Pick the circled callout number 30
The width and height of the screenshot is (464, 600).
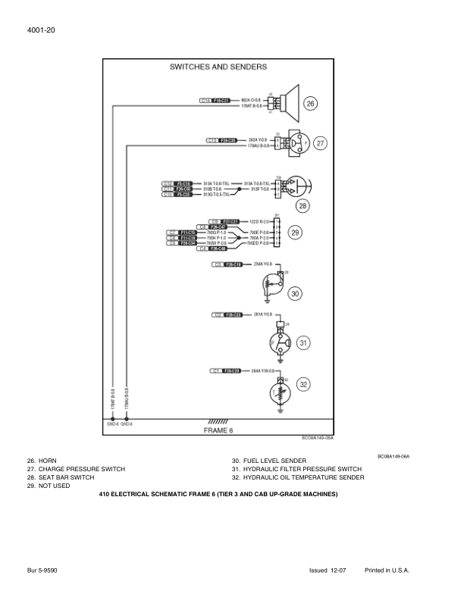(x=296, y=293)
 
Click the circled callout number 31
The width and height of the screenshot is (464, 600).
(x=303, y=343)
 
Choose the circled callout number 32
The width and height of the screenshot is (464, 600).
(x=303, y=383)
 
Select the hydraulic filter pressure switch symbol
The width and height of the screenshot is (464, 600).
(x=277, y=343)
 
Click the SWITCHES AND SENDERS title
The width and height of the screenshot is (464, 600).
(x=218, y=67)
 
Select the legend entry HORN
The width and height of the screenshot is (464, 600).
(x=42, y=461)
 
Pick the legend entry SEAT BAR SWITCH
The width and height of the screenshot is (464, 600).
(x=61, y=478)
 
